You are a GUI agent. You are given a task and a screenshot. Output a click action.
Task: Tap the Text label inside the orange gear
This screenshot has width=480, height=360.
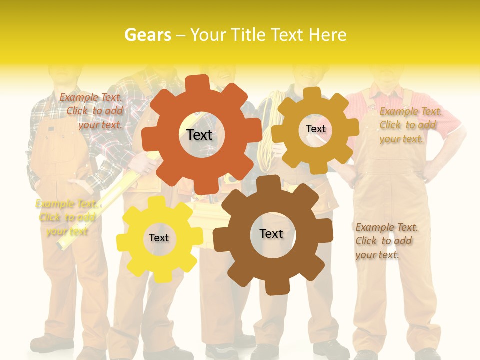(199, 135)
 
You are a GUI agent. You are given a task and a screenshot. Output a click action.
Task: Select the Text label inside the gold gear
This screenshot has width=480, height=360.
(315, 129)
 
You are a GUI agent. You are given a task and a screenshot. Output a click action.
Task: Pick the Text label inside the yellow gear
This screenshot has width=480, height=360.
(159, 238)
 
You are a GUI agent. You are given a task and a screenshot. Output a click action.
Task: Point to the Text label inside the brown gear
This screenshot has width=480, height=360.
(271, 233)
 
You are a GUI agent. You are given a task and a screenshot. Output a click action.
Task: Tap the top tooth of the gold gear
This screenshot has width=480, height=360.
(312, 93)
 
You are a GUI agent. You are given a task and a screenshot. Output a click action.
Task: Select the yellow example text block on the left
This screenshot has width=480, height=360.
(65, 217)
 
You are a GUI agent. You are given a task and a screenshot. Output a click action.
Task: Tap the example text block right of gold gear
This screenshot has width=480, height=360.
(410, 125)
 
